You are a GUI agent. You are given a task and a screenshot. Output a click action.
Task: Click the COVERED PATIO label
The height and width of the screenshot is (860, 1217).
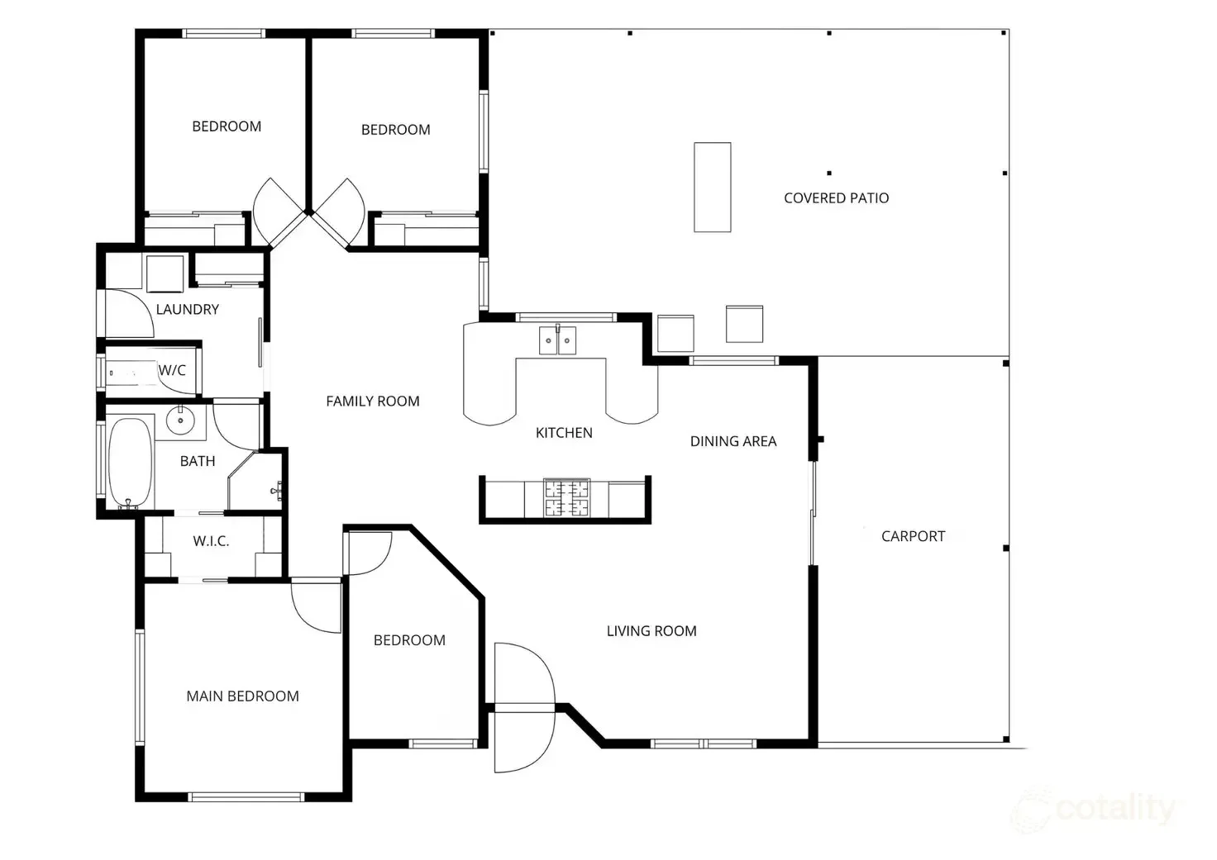pyautogui.click(x=836, y=198)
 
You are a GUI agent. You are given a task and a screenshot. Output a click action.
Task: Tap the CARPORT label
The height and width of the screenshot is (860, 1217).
pyautogui.click(x=913, y=536)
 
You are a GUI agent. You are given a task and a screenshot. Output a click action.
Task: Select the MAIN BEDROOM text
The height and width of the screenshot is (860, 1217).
pyautogui.click(x=242, y=696)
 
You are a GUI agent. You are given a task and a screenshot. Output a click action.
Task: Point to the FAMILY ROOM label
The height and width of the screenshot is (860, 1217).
pyautogui.click(x=372, y=401)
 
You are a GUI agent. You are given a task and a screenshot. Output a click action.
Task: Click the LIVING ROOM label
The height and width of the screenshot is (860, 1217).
pyautogui.click(x=651, y=631)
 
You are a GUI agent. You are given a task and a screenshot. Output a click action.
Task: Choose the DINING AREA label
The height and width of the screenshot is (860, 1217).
pyautogui.click(x=733, y=441)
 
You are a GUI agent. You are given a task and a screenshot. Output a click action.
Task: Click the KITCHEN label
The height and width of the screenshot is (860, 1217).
pyautogui.click(x=564, y=433)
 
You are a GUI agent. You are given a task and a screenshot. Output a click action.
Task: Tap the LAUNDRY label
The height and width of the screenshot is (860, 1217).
pyautogui.click(x=188, y=310)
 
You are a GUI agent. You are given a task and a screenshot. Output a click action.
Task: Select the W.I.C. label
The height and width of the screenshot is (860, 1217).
pyautogui.click(x=211, y=542)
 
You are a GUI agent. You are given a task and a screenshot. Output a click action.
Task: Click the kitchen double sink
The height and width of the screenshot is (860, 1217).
pyautogui.click(x=558, y=340)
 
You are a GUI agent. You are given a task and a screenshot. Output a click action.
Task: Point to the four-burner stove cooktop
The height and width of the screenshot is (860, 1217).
pyautogui.click(x=566, y=498)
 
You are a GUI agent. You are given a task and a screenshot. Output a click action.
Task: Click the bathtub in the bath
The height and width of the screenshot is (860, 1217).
pyautogui.click(x=130, y=463)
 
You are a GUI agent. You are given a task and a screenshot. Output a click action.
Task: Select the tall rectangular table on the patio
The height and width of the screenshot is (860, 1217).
pyautogui.click(x=712, y=188)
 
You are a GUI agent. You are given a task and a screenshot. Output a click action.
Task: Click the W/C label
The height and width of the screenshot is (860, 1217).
pyautogui.click(x=172, y=370)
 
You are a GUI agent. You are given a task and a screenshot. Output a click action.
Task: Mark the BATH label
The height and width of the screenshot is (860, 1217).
pyautogui.click(x=198, y=462)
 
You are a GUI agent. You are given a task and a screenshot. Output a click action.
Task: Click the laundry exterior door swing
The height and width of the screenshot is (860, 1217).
pyautogui.click(x=128, y=313)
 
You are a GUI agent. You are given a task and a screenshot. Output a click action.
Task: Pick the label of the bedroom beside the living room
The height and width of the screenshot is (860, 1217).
pyautogui.click(x=409, y=640)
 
